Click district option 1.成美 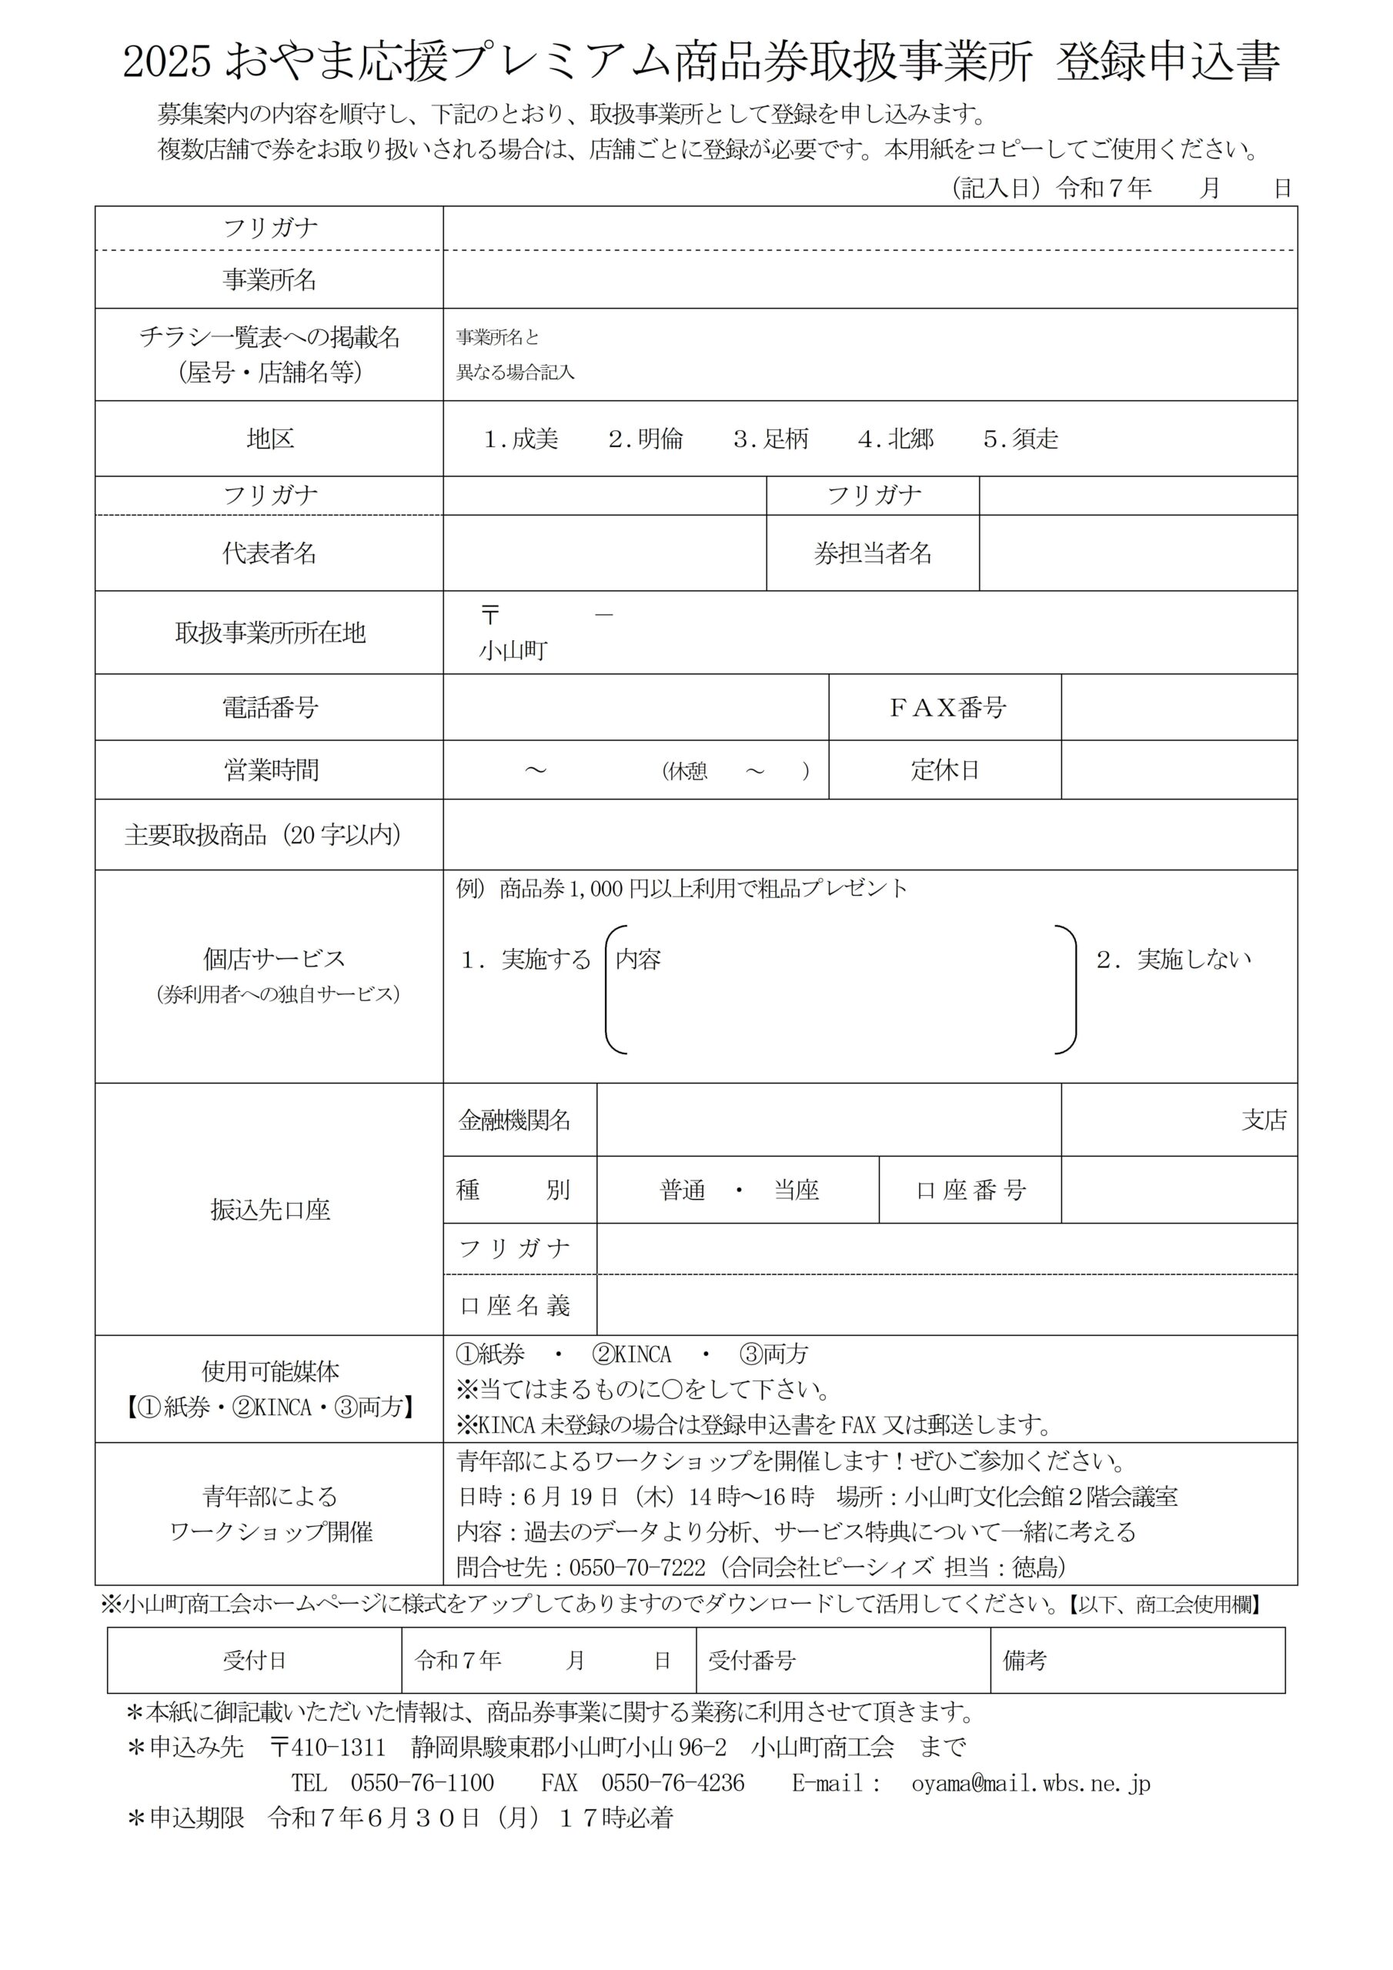point(521,439)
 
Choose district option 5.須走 point(1021,439)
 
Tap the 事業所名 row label point(269,279)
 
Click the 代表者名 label point(269,553)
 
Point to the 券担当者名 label point(873,553)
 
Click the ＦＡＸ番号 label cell point(947,708)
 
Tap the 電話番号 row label point(269,708)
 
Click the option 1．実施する point(526,960)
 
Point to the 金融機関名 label point(515,1120)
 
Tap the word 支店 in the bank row point(1264,1120)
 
